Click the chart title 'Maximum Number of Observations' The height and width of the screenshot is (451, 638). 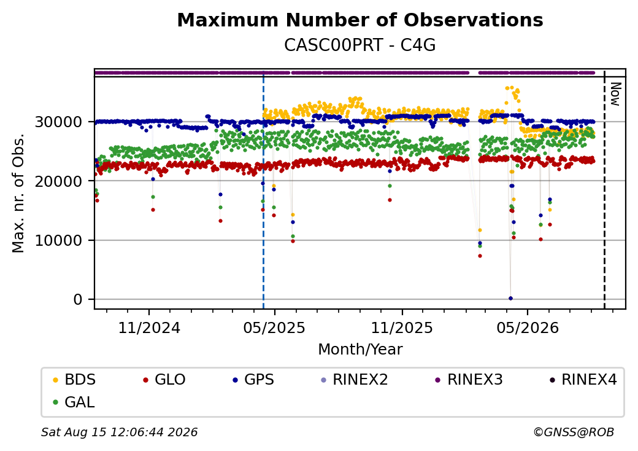coord(360,20)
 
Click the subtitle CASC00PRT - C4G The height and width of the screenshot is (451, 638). coord(359,45)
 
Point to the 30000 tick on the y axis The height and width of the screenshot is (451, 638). coord(59,122)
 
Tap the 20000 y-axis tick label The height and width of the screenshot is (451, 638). coord(59,181)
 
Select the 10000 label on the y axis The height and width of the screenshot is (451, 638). coord(59,240)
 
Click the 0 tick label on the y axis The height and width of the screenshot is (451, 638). coord(78,299)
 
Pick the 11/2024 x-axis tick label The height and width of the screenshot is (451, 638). coord(149,327)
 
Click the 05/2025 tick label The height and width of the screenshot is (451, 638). coord(274,327)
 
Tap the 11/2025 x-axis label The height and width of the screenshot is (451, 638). coord(402,327)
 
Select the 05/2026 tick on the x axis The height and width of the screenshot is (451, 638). coord(528,327)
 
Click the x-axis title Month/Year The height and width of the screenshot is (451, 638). coord(360,350)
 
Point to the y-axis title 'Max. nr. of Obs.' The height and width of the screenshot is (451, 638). coord(18,193)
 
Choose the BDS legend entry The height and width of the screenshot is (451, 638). coord(74,380)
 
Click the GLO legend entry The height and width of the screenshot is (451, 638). coord(164,380)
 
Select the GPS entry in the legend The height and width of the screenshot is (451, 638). coord(253,380)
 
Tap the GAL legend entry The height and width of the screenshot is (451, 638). coord(74,402)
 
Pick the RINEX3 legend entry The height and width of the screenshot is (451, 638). coord(468,380)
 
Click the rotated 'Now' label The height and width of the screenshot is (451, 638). coord(616,94)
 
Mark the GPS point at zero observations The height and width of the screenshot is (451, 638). coord(510,298)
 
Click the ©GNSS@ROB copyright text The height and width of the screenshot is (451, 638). coord(574,432)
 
